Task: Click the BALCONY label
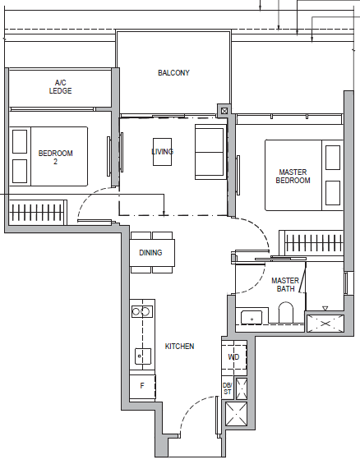coord(173,73)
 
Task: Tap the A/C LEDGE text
coord(60,87)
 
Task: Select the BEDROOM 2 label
coord(55,158)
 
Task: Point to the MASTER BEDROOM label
coord(293,177)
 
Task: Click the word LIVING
coord(163,151)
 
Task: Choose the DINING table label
coord(150,253)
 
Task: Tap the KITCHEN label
coord(179,347)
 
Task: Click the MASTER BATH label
coord(285,285)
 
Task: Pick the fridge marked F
coord(142,386)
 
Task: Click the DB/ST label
coord(228,388)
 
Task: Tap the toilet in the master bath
coord(286,313)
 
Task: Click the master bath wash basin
coord(252,318)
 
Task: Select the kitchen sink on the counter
coord(143,356)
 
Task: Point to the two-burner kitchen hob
coord(142,311)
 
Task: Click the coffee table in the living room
coord(162,152)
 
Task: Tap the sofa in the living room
coord(210,152)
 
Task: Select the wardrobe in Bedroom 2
coord(37,213)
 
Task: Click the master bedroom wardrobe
coord(312,243)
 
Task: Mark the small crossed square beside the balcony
coord(224,111)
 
